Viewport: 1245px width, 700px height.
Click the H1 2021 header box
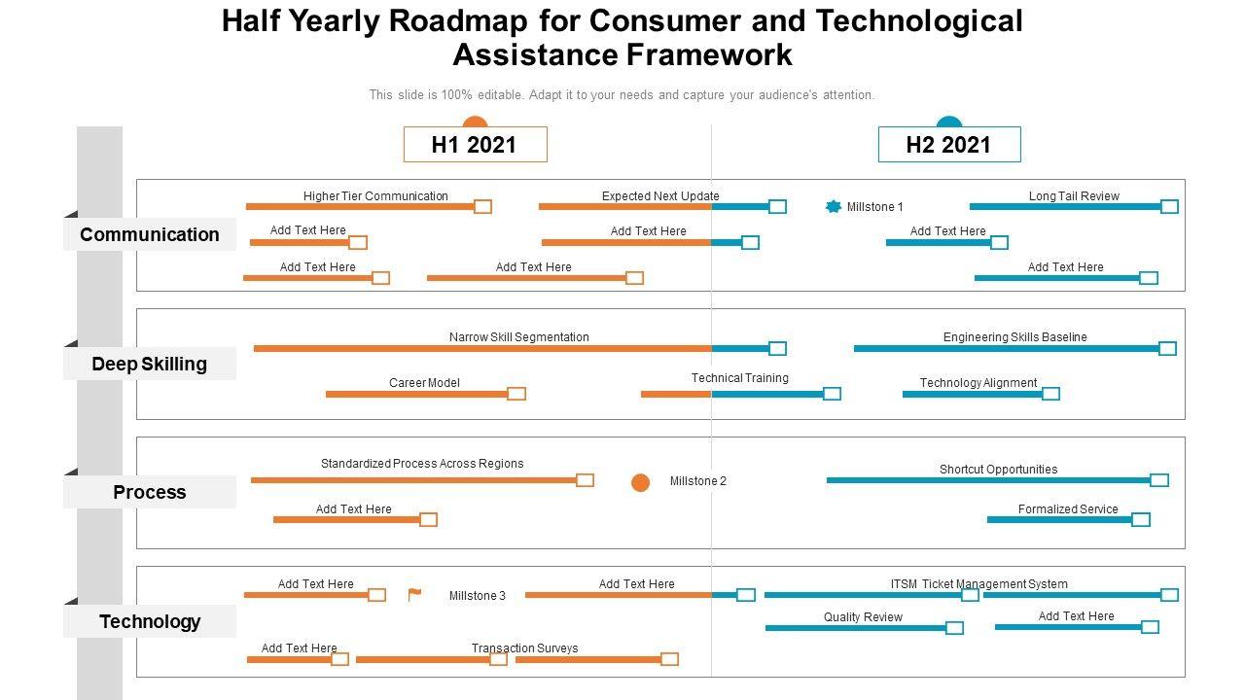pyautogui.click(x=475, y=145)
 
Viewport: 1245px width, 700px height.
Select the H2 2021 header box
pyautogui.click(x=948, y=145)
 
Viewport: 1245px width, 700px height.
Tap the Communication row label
pyautogui.click(x=150, y=234)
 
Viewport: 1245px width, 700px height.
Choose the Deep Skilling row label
pyautogui.click(x=150, y=364)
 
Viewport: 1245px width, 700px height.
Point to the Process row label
pyautogui.click(x=150, y=492)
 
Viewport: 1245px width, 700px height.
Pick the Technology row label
pyautogui.click(x=150, y=621)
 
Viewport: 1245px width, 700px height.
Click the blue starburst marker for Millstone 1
pyautogui.click(x=833, y=206)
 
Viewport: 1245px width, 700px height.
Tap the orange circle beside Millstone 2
pyautogui.click(x=640, y=482)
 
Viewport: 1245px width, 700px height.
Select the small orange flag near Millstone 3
pyautogui.click(x=414, y=595)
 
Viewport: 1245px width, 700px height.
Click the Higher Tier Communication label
pyautogui.click(x=375, y=196)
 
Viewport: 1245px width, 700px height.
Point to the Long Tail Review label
pyautogui.click(x=1074, y=196)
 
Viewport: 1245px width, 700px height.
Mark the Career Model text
pyautogui.click(x=424, y=383)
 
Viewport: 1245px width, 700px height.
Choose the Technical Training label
pyautogui.click(x=740, y=378)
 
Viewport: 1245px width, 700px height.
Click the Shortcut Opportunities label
pyautogui.click(x=998, y=470)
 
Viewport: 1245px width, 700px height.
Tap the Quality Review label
pyautogui.click(x=863, y=617)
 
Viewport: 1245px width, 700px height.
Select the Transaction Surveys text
pyautogui.click(x=524, y=648)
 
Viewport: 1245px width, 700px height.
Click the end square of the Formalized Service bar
pyautogui.click(x=1141, y=520)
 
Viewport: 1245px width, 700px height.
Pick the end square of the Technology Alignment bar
pyautogui.click(x=1050, y=394)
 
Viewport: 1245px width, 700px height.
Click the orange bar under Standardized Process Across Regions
pyautogui.click(x=413, y=480)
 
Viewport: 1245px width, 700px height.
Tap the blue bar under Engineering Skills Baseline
pyautogui.click(x=1007, y=348)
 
